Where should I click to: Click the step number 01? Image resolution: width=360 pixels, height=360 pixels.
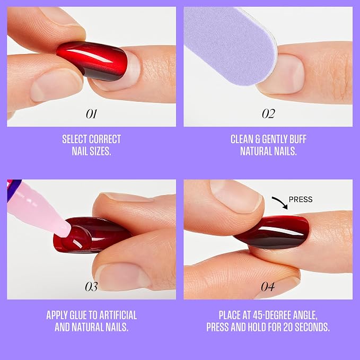click(92, 113)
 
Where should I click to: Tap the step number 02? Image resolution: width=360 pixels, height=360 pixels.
click(268, 113)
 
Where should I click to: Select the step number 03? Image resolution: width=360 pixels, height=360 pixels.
click(91, 286)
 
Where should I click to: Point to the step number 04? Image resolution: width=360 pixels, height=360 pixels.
click(268, 286)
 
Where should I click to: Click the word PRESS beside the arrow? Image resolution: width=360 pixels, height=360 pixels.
click(301, 199)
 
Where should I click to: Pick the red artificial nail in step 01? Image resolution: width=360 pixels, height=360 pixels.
click(92, 61)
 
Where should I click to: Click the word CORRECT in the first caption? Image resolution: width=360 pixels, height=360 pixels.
click(105, 139)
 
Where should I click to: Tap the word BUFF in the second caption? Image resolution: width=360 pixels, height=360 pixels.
click(298, 139)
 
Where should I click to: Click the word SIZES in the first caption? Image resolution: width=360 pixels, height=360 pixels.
click(100, 151)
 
